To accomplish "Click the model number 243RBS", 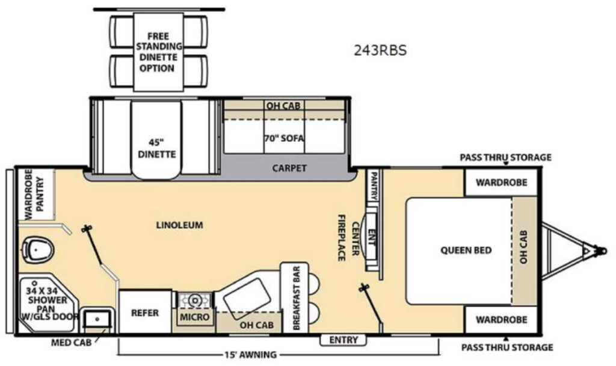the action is click(380, 50).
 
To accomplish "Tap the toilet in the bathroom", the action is click(38, 250).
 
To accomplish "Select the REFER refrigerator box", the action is click(146, 313).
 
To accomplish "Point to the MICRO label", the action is click(195, 317).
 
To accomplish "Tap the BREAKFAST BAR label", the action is click(296, 298).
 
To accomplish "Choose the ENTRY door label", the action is click(343, 340).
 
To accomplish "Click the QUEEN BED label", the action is click(466, 250).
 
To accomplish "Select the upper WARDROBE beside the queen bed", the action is click(501, 183).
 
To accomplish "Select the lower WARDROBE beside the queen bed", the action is click(501, 320).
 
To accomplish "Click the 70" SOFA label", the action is click(284, 138).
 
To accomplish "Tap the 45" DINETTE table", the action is click(157, 140).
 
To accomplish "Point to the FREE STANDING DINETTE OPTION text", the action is click(158, 52).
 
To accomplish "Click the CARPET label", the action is click(289, 168).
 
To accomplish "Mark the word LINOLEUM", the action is click(179, 225).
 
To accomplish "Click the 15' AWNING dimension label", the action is click(250, 355).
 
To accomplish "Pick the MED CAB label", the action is click(71, 343).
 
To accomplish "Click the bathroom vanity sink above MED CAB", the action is click(97, 320).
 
